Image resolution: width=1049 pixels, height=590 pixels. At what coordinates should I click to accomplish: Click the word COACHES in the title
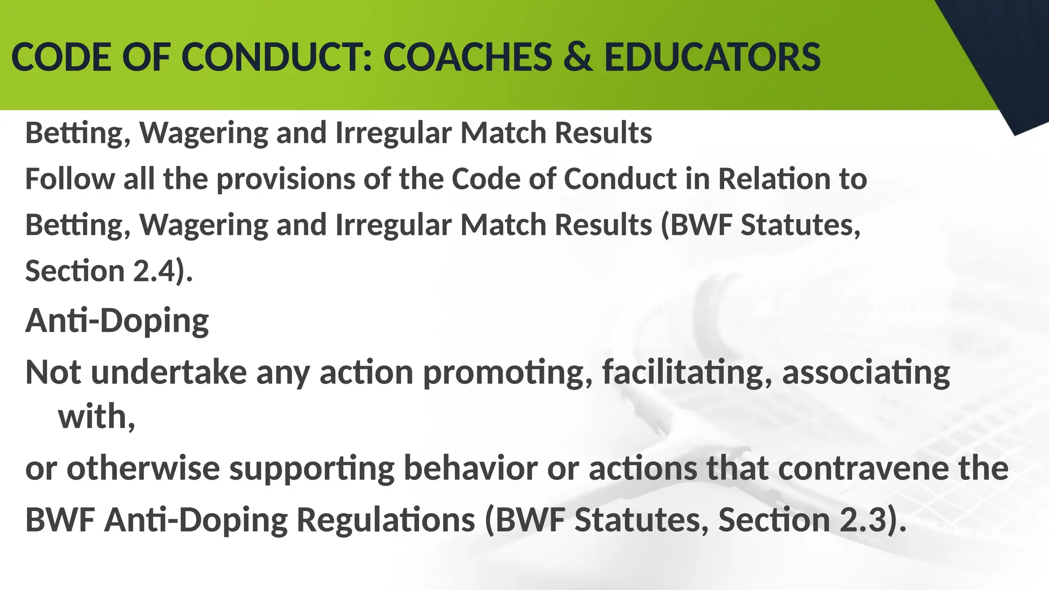tap(467, 57)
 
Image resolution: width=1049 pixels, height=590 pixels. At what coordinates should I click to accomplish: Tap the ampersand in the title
tap(577, 57)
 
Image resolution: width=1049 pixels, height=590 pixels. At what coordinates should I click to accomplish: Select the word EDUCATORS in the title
tap(712, 57)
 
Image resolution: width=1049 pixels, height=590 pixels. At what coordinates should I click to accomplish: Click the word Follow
tap(70, 179)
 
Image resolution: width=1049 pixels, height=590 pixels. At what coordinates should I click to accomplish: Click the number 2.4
tap(154, 271)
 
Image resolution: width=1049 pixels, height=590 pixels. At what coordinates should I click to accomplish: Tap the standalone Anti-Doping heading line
tap(117, 321)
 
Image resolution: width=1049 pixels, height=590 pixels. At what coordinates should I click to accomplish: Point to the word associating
tap(866, 372)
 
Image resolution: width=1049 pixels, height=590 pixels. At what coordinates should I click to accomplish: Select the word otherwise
tap(143, 469)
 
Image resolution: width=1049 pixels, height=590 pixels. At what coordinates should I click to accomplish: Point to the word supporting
tap(312, 469)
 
